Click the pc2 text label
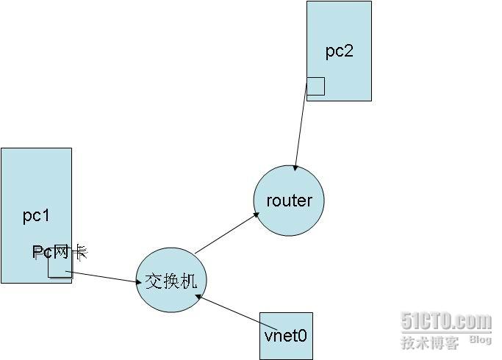click(x=339, y=51)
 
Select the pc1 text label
click(x=35, y=215)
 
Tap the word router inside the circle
click(x=289, y=201)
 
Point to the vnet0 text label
click(x=286, y=336)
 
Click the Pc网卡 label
click(x=60, y=253)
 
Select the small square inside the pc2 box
click(x=316, y=86)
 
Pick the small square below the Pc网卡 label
click(x=60, y=269)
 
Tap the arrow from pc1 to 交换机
click(x=103, y=277)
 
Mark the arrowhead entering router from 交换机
click(x=257, y=215)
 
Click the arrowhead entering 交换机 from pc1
click(x=138, y=282)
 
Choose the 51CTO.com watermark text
click(x=446, y=321)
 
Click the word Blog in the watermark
click(x=480, y=340)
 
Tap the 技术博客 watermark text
click(x=430, y=342)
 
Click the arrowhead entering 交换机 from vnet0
click(x=198, y=298)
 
